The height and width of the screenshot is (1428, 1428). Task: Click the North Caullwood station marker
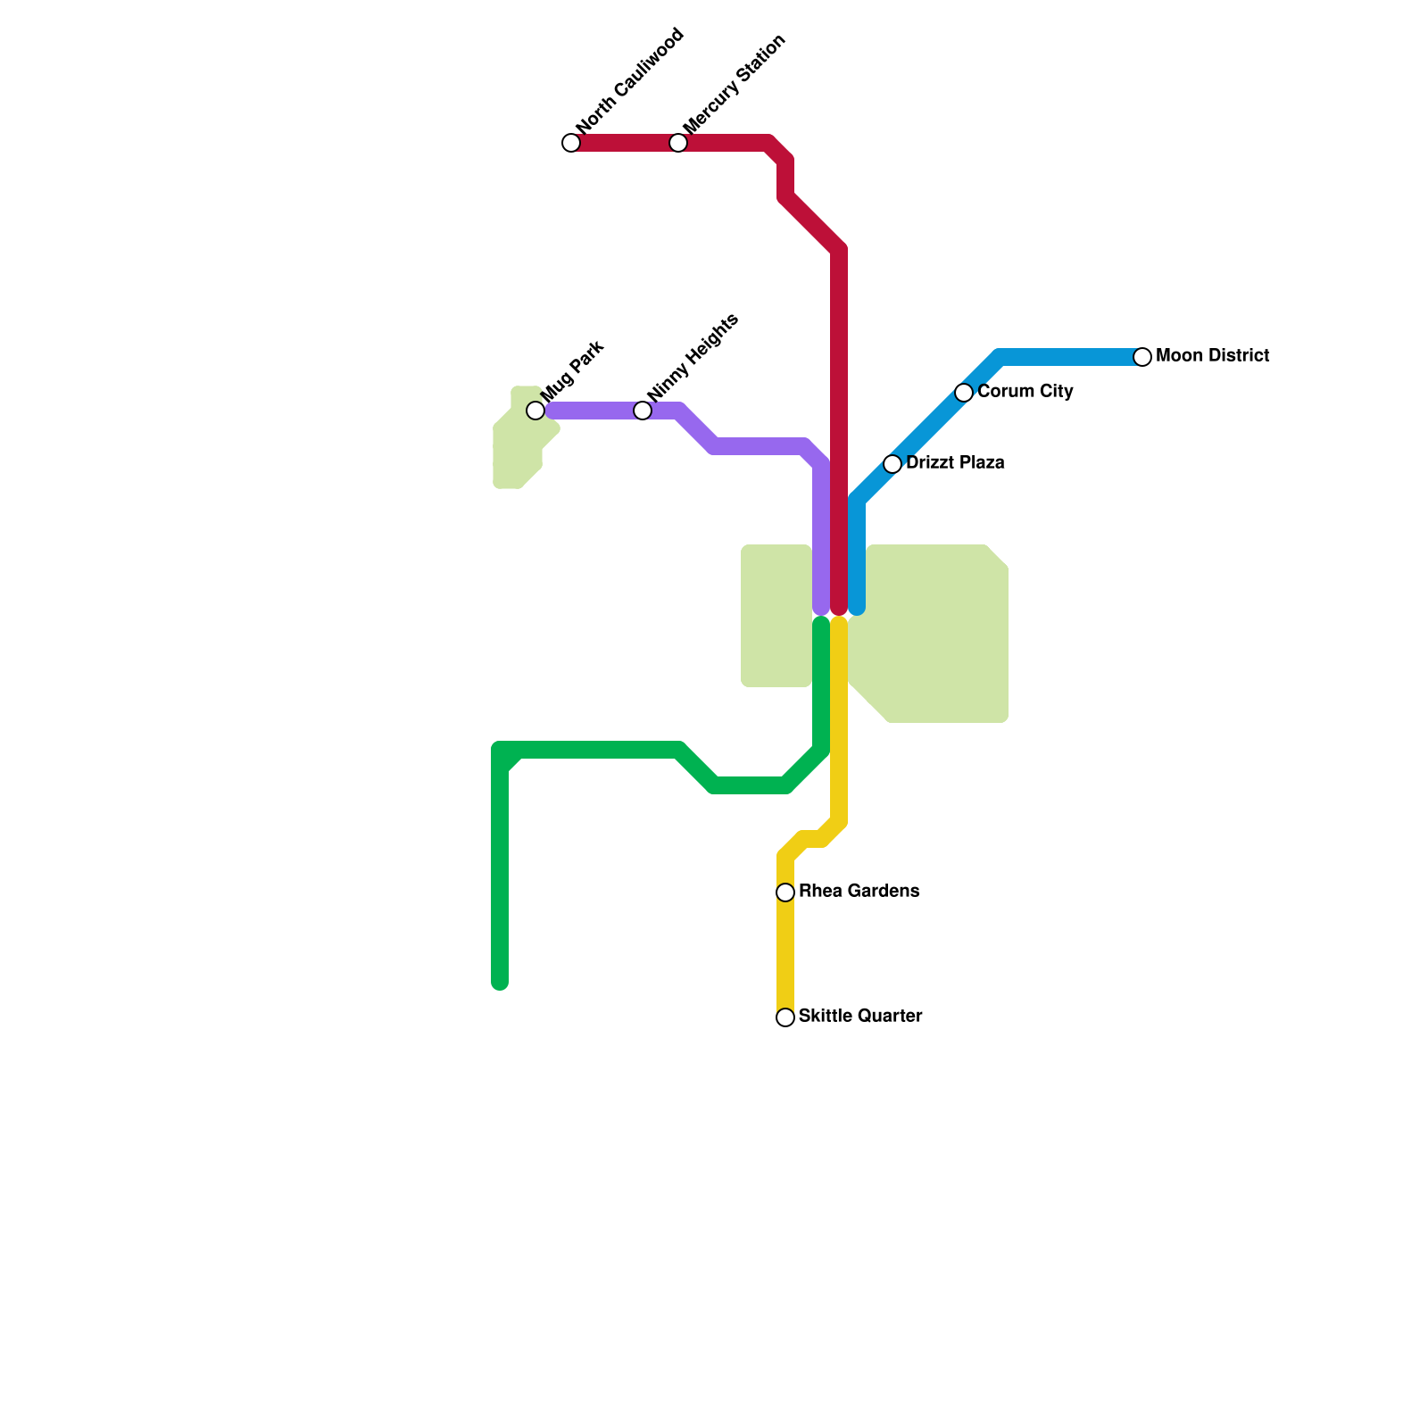coord(571,143)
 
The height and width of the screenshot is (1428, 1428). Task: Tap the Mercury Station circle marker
coord(678,143)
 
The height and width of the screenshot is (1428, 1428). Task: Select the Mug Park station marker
coord(535,411)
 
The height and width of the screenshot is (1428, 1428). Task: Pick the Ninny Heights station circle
coord(643,411)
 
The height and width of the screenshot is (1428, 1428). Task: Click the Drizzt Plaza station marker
coord(892,464)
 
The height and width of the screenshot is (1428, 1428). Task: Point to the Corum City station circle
coord(964,393)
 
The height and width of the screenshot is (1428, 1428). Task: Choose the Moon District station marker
coord(1142,357)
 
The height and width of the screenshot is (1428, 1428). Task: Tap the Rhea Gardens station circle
coord(785,892)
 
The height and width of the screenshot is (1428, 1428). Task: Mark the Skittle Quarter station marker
coord(785,1017)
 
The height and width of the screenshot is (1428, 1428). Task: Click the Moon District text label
coord(1212,356)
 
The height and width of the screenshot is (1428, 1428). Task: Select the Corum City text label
coord(1025,392)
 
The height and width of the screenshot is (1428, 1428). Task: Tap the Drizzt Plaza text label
coord(955,463)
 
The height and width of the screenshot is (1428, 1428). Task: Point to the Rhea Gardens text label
coord(859,892)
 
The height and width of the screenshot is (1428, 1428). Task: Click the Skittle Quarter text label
coord(860,1017)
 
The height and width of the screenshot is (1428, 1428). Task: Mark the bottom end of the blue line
coord(857,609)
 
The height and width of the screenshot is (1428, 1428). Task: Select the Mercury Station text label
coord(734,85)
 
